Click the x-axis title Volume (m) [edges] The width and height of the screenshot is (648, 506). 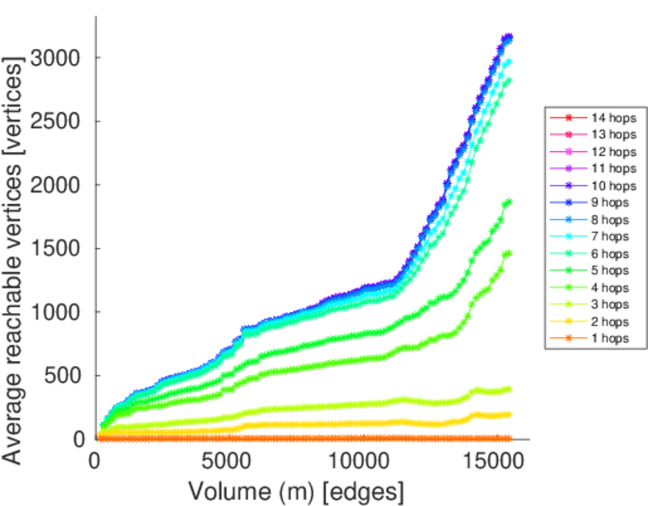click(296, 490)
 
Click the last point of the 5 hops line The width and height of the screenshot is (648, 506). click(508, 202)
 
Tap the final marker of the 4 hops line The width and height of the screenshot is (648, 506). click(508, 253)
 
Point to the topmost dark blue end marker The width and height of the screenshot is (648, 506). click(508, 37)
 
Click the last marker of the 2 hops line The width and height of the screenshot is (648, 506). click(508, 414)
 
